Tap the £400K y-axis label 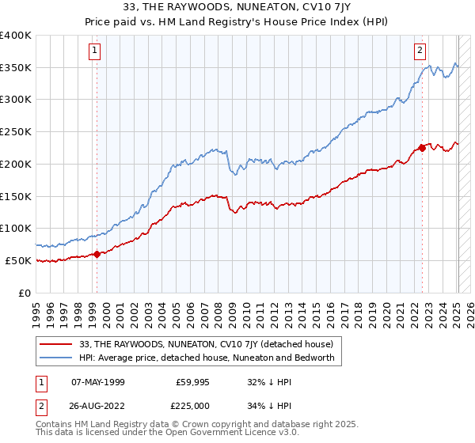coord(15,36)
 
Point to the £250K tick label coord(15,132)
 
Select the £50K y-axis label coord(17,260)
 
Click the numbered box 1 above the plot coord(94,51)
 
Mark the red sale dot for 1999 coord(97,254)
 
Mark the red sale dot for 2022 coord(422,148)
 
